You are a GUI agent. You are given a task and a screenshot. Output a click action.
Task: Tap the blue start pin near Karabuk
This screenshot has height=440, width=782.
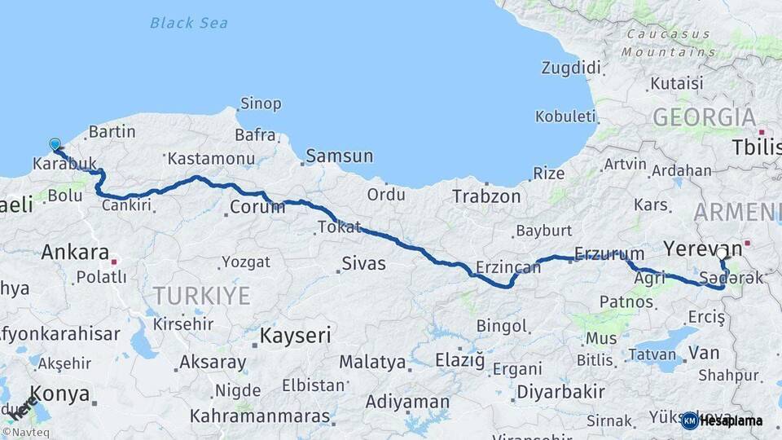pos(55,145)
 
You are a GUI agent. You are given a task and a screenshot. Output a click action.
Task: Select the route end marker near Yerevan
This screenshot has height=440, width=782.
pos(721,254)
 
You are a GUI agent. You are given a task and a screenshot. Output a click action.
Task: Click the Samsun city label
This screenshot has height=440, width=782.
pos(339,156)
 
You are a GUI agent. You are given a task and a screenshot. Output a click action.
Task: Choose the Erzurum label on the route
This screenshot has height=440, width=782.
pos(608,253)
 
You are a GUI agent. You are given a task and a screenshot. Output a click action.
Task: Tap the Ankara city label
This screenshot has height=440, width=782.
pos(75,251)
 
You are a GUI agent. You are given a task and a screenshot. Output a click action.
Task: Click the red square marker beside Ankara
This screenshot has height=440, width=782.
pos(114,262)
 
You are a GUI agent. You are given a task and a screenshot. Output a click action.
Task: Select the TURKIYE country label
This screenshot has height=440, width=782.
pos(201,296)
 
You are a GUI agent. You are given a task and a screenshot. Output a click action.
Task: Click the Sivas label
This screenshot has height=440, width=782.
pos(363,264)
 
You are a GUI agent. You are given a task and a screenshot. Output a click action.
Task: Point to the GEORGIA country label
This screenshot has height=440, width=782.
pos(704,117)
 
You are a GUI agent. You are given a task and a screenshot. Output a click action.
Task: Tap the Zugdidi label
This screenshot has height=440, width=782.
pos(571,67)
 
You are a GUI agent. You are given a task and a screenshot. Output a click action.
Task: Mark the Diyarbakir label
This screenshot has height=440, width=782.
pos(560,391)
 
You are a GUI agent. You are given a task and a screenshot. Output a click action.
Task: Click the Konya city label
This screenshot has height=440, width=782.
pos(60,394)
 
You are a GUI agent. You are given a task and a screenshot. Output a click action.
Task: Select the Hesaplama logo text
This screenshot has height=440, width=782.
pos(731,420)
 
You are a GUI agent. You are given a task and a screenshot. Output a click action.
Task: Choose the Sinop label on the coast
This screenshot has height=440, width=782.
pos(261,103)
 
